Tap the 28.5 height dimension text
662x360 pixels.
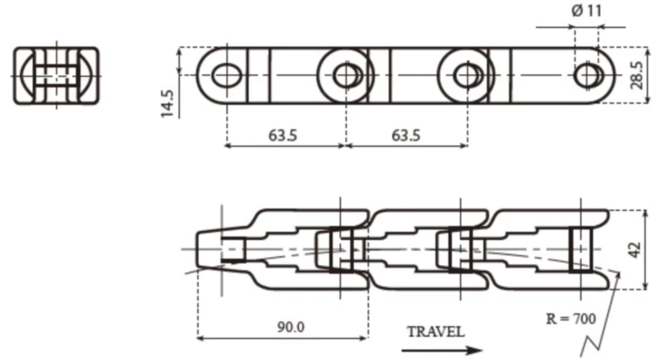point(636,75)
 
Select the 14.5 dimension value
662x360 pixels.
point(168,103)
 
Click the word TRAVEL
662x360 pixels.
point(436,332)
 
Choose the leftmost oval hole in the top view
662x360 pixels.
point(224,75)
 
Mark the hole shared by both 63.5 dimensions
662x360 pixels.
point(344,75)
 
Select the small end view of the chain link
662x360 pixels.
point(56,75)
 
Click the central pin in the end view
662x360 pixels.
point(56,75)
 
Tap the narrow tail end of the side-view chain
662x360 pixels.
point(209,248)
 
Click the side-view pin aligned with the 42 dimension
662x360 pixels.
point(581,249)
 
